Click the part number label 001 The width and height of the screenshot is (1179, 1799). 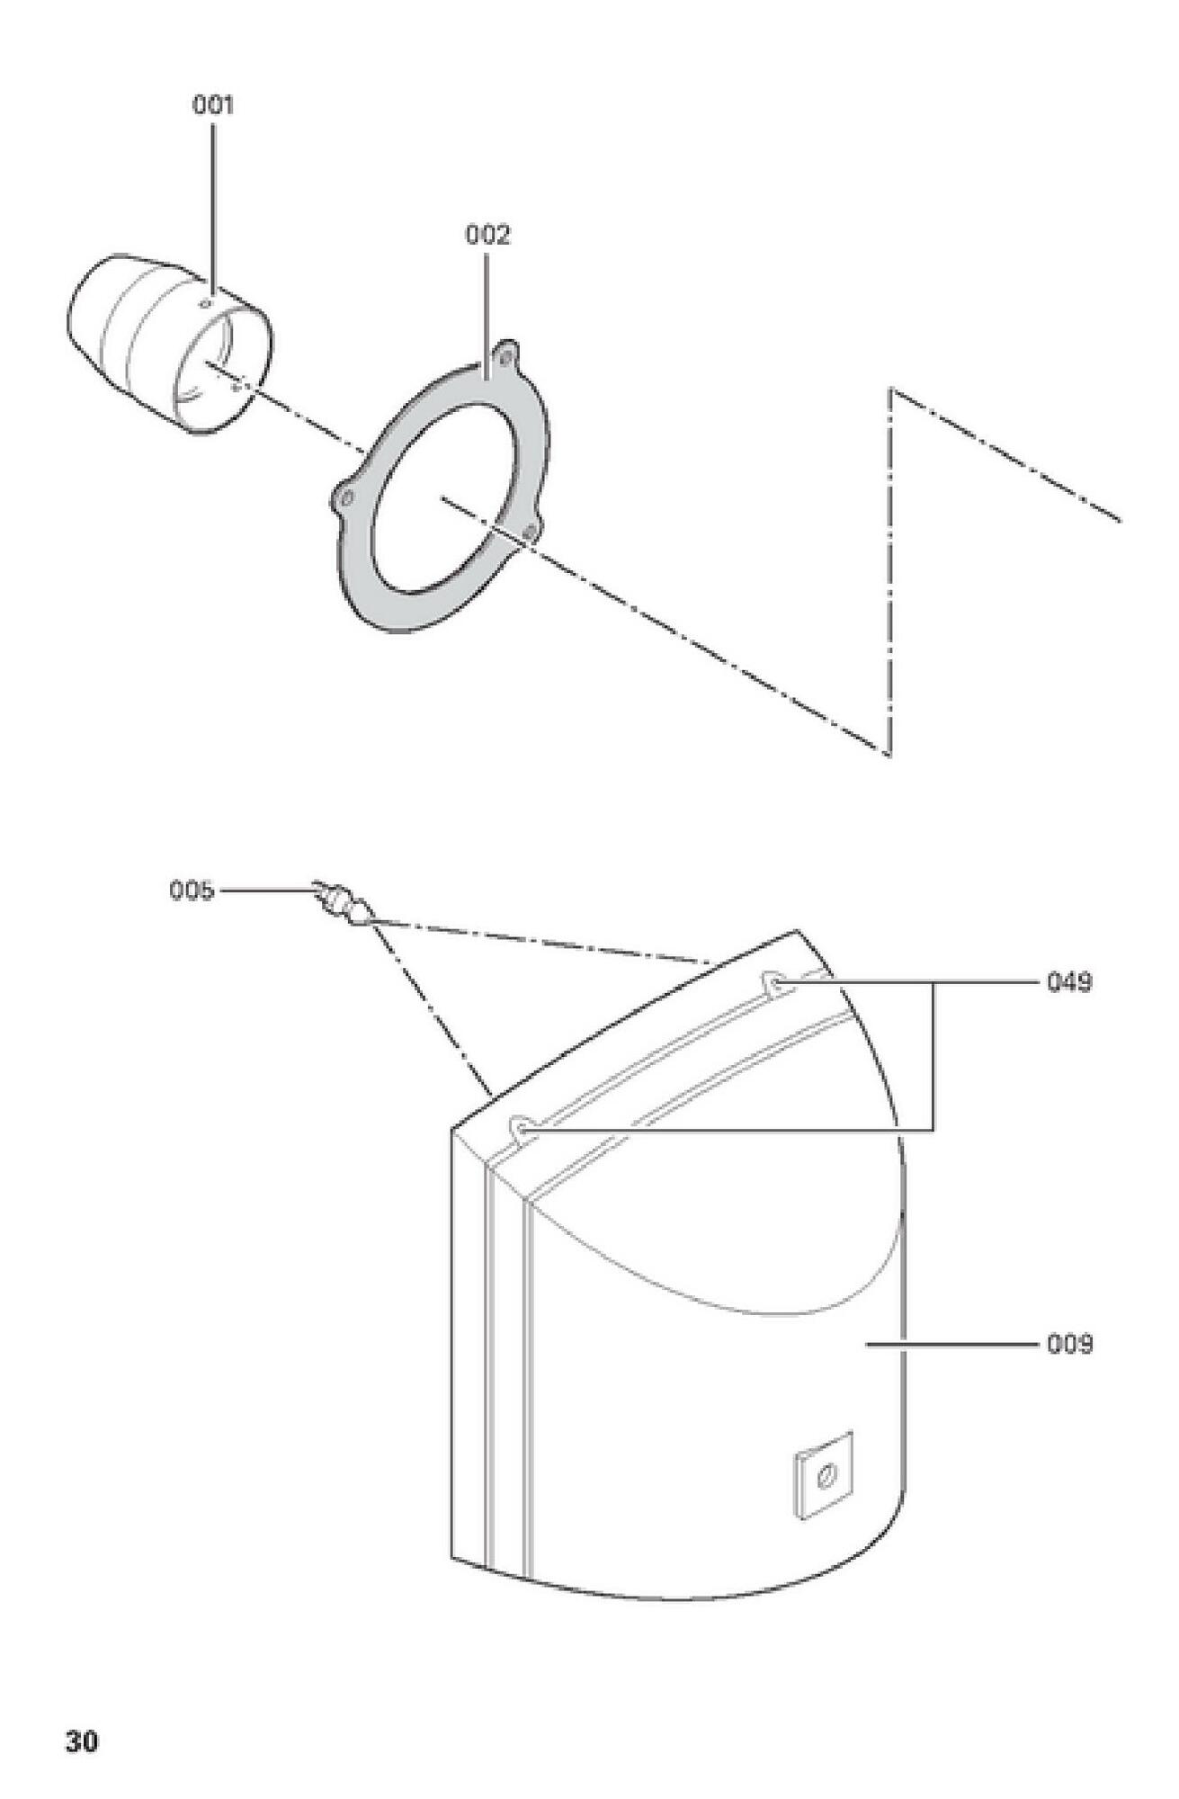click(213, 105)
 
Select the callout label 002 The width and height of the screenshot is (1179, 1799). click(487, 235)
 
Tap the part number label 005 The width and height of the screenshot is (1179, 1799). click(192, 891)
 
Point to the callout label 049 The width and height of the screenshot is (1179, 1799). click(1069, 983)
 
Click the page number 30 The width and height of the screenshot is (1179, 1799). click(82, 1741)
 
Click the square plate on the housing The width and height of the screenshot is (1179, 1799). click(824, 1474)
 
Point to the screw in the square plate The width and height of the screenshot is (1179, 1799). click(826, 1475)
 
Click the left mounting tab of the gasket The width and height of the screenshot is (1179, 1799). click(344, 498)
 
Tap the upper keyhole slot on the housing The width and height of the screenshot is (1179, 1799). click(774, 983)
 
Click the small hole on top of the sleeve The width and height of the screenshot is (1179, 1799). click(208, 303)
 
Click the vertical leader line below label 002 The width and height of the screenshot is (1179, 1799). click(487, 316)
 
